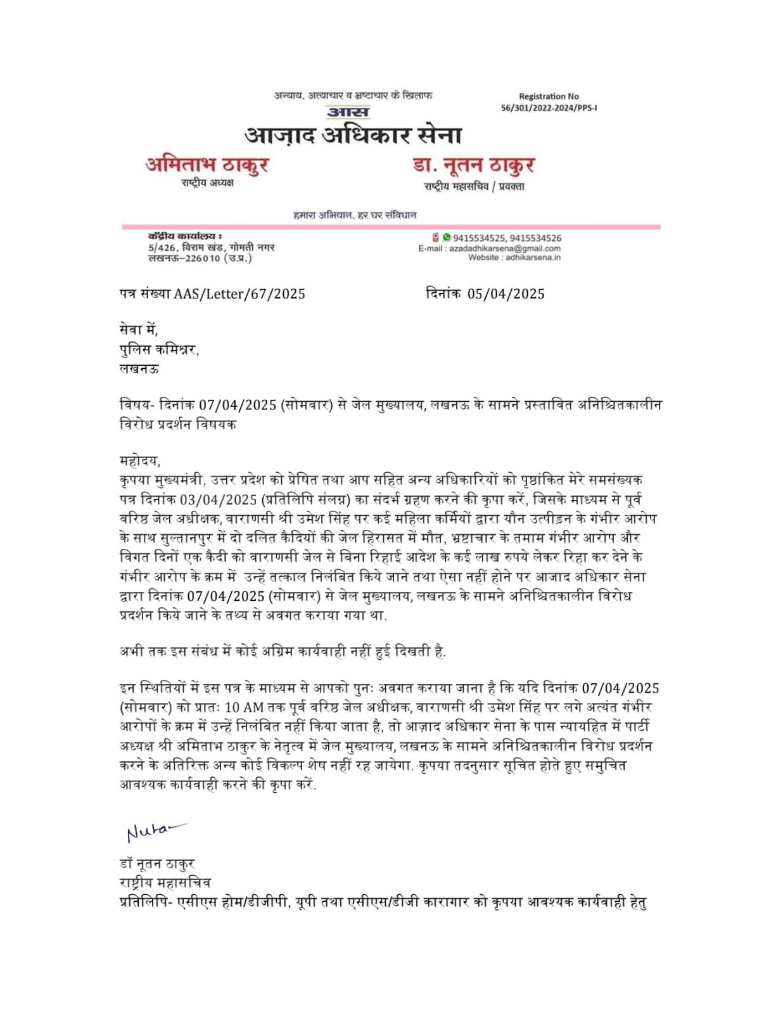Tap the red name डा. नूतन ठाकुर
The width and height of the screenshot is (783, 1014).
tap(474, 165)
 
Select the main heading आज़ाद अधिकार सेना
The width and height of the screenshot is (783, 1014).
tap(353, 135)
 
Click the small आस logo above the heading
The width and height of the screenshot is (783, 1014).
tap(348, 112)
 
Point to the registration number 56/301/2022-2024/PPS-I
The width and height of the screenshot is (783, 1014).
tap(549, 108)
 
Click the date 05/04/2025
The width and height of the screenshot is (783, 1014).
tap(506, 294)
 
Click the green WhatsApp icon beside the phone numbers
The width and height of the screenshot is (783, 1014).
tap(447, 237)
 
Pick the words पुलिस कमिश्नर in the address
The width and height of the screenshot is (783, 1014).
tap(158, 349)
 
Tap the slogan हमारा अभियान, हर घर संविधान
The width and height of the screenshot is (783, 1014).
tap(355, 215)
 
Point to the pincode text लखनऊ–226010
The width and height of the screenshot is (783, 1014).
tap(184, 258)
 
